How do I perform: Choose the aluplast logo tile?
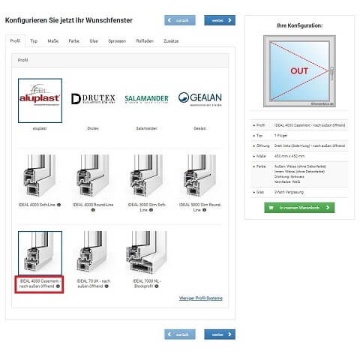tap(40, 100)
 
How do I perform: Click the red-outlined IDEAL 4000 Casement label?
tap(40, 283)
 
